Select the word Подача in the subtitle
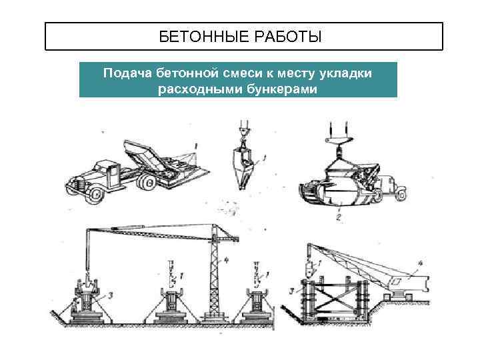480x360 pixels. tap(128, 72)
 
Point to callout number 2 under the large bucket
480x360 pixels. tap(339, 217)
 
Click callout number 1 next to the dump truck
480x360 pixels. tap(196, 145)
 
